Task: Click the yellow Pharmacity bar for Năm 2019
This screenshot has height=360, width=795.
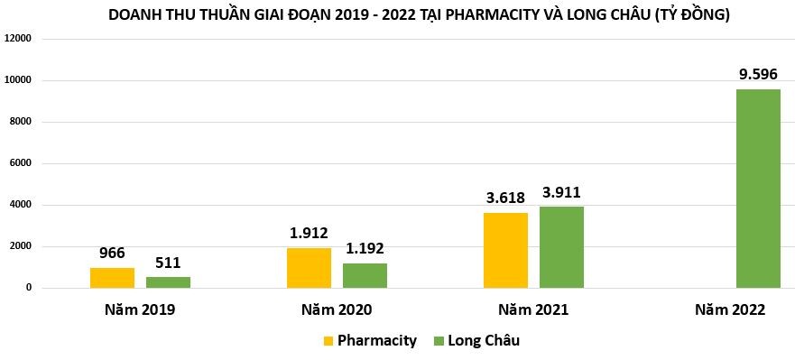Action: point(112,278)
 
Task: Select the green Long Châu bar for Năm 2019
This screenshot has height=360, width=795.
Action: point(168,282)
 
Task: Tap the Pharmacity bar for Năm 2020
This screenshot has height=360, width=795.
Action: point(309,268)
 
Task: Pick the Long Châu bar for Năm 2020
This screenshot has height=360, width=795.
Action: point(365,275)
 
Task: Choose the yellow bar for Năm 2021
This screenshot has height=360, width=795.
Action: point(505,250)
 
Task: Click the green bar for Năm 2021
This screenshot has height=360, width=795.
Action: point(561,247)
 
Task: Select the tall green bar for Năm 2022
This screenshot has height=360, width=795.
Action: point(758,189)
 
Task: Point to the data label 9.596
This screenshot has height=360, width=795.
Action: point(758,74)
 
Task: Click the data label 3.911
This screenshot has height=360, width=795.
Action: point(561,192)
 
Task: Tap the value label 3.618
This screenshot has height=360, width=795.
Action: point(505,198)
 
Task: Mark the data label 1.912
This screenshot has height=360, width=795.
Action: point(309,233)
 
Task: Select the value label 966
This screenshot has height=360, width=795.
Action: point(112,253)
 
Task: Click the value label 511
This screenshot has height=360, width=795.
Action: point(168,263)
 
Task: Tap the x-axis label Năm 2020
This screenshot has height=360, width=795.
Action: point(337,309)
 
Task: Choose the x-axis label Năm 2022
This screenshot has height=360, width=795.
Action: point(730,309)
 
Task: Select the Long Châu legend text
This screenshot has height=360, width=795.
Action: point(483,341)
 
